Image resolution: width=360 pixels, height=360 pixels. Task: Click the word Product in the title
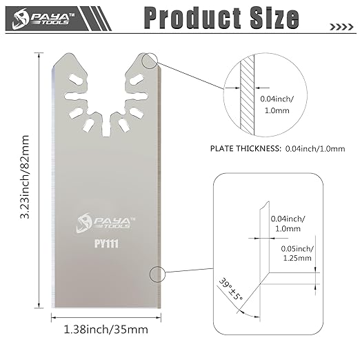192,18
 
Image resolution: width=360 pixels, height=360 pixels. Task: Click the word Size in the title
274,17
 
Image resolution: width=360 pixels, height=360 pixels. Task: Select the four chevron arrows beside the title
341,27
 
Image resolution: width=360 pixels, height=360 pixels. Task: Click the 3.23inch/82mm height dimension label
25,177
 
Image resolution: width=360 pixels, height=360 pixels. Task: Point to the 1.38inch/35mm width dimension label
106,330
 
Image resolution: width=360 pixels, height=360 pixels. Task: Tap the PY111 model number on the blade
106,243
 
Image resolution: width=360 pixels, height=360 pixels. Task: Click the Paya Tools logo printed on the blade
106,223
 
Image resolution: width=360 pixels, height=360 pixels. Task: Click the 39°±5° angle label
230,289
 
